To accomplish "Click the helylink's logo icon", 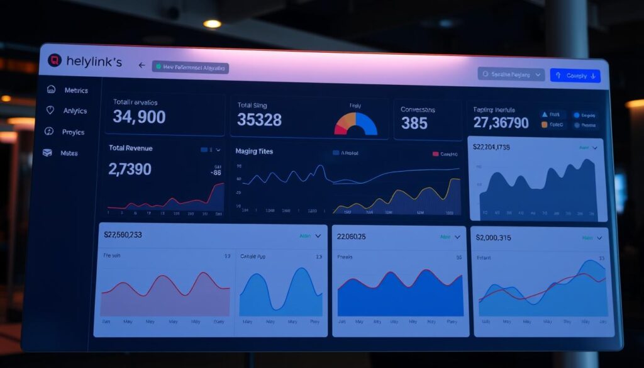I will click(55, 61).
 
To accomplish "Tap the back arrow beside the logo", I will click(142, 65).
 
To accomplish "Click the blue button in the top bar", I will click(575, 75).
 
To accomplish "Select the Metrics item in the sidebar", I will click(75, 90).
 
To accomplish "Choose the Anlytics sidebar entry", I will click(75, 111).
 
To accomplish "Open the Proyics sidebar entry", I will click(73, 132).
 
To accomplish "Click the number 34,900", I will click(139, 116).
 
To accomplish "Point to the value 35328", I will click(259, 120).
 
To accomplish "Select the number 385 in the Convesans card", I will click(414, 123).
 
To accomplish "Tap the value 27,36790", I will click(501, 123).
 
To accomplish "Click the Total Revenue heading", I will click(130, 148).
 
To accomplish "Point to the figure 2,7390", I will click(130, 169).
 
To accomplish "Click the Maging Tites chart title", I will click(254, 152).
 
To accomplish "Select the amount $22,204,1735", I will click(501, 148).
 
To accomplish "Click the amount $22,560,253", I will click(131, 235).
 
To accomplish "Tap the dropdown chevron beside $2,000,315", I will click(599, 238).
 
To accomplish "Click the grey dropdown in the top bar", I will click(511, 74).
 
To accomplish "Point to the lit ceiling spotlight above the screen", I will click(212, 24).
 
